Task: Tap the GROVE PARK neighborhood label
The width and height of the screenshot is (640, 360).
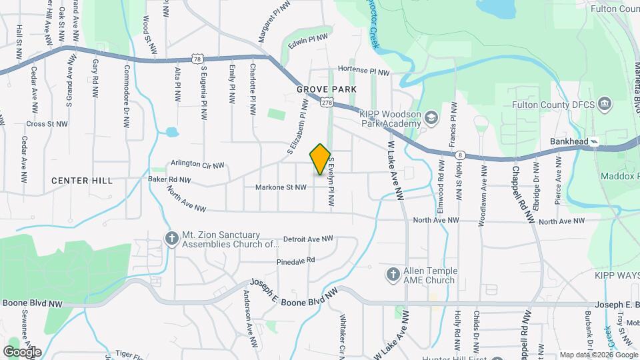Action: point(327,89)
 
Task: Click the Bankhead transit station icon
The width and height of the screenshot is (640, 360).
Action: point(595,142)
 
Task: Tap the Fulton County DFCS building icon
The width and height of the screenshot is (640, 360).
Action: point(605,104)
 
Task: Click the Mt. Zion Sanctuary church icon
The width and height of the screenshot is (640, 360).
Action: point(172,239)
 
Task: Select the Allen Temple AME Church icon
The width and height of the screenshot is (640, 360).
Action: point(393,275)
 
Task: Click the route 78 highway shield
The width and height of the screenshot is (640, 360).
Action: point(196,59)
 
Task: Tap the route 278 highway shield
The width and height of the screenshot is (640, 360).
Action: point(326,101)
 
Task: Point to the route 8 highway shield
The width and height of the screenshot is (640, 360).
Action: point(461,155)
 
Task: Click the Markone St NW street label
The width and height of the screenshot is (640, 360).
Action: point(281,188)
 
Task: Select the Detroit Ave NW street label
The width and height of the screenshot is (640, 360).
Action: point(307,238)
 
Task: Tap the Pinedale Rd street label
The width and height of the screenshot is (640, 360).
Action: point(294,261)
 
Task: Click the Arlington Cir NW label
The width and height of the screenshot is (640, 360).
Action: point(197,163)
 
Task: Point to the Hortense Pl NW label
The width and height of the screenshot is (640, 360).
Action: point(363,69)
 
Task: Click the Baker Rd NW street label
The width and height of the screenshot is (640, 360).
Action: point(169,180)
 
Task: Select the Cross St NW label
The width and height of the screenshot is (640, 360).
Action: point(47,124)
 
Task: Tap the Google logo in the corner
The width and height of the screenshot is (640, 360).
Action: point(22,351)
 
